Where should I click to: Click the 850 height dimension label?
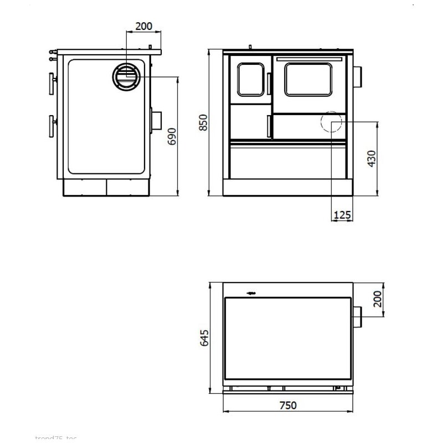tap(203, 123)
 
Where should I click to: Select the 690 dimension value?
tap(172, 136)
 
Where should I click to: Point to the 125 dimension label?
tap(343, 215)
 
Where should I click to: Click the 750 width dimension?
tap(287, 405)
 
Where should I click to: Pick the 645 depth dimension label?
tap(203, 337)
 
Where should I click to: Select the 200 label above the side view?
tap(143, 26)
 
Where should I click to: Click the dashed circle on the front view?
tap(331, 122)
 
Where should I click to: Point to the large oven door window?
tap(308, 80)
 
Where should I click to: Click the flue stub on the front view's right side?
tap(358, 76)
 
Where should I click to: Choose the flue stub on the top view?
tap(357, 316)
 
